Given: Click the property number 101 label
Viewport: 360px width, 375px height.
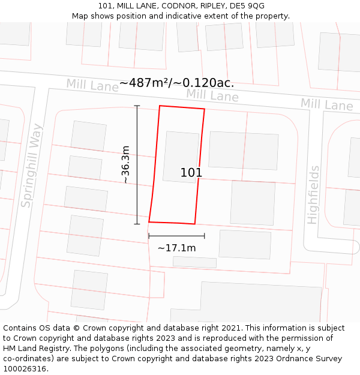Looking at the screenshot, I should (x=191, y=173).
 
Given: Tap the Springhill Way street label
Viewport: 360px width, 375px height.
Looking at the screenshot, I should (x=32, y=166).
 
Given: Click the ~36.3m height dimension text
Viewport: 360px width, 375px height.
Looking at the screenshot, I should (x=125, y=164).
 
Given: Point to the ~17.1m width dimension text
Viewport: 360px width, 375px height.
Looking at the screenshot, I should (x=176, y=248).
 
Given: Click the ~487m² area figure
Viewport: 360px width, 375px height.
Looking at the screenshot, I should (x=144, y=83).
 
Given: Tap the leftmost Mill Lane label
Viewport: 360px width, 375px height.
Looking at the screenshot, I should (x=92, y=86).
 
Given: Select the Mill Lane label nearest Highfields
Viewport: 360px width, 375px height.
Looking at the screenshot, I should (x=326, y=105).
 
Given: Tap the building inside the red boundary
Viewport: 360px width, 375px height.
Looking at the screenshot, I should (x=181, y=157).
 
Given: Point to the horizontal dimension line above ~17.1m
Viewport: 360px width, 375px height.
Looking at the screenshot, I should (x=176, y=236).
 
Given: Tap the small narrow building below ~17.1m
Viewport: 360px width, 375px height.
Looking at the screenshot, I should (x=194, y=262).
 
